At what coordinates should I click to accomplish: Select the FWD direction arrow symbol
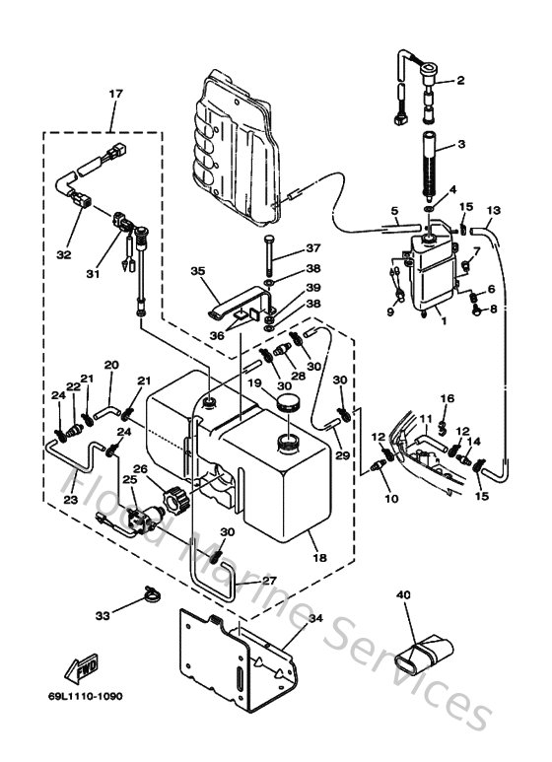(81, 667)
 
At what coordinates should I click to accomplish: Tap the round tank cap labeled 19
(290, 403)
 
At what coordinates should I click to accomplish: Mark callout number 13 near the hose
(495, 210)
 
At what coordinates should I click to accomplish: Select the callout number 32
(63, 254)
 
